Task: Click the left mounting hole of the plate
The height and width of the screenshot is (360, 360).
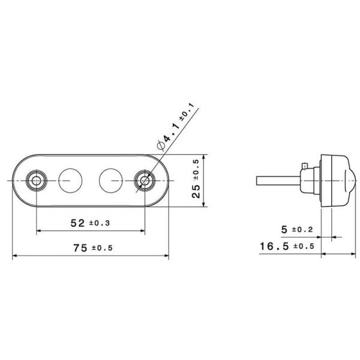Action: click(x=37, y=180)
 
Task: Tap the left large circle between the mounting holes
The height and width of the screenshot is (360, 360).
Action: click(x=71, y=179)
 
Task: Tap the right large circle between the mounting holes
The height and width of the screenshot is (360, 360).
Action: click(x=110, y=179)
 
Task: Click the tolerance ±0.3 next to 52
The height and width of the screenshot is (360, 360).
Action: click(x=99, y=224)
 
